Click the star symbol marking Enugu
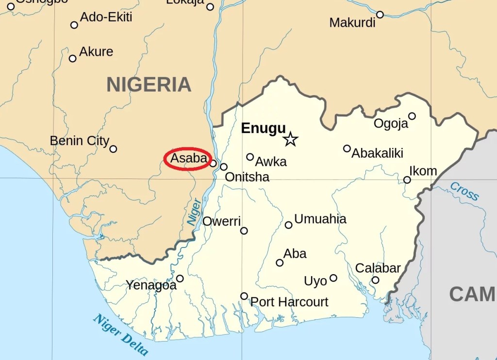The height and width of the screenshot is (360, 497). [290, 139]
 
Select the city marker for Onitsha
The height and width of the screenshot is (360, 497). [224, 167]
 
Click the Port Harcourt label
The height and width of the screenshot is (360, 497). [289, 302]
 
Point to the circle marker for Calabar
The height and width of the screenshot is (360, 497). [375, 280]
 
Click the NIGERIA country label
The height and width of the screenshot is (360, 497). [149, 85]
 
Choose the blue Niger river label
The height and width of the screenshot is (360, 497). [194, 212]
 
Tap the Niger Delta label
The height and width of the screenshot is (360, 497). [120, 335]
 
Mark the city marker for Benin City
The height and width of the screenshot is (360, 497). [113, 149]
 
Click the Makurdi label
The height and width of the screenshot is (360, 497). [352, 23]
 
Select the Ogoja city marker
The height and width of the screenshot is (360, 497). [412, 116]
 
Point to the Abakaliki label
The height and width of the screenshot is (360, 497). [377, 153]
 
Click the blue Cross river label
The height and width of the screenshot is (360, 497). [464, 191]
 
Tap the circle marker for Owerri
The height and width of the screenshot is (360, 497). [244, 230]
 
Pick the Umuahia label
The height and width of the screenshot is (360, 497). [320, 219]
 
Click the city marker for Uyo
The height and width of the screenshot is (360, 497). [333, 278]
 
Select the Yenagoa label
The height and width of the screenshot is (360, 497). [151, 285]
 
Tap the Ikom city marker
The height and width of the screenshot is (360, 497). [407, 180]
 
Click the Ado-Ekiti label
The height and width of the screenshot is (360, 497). [106, 17]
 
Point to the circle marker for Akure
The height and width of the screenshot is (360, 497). [73, 58]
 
